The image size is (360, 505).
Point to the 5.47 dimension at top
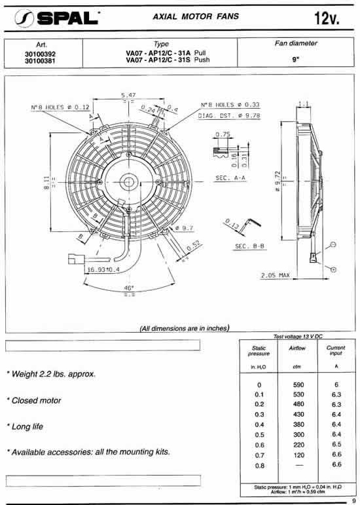[x=128, y=96]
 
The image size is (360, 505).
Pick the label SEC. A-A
[x=229, y=178]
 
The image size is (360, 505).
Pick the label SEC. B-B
[x=249, y=246]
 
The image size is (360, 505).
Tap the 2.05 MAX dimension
[x=275, y=274]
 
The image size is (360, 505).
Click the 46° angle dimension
[x=129, y=288]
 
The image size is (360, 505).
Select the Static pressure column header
[x=259, y=350]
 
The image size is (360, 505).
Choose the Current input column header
[x=335, y=352]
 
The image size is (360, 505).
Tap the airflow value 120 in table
[x=297, y=454]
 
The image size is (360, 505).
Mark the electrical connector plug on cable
[x=73, y=257]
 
